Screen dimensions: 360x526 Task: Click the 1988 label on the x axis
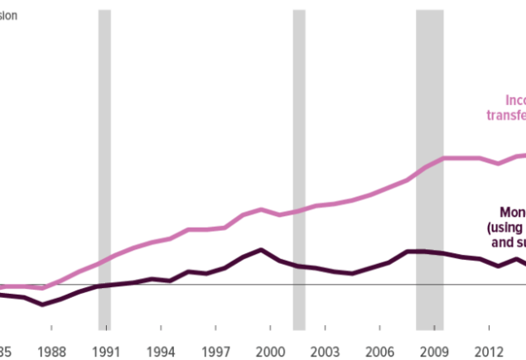[52, 350]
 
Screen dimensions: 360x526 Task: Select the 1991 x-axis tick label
[106, 350]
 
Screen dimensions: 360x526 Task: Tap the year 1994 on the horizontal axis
[161, 350]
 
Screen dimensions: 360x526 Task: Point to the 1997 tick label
[215, 350]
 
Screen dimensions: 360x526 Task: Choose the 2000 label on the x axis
[270, 350]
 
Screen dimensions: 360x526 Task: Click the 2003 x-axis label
[325, 350]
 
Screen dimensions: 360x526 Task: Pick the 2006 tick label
[379, 350]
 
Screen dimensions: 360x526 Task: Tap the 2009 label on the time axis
[434, 350]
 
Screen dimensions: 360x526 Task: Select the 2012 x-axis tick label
[489, 350]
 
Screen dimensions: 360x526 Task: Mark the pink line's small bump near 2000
[261, 209]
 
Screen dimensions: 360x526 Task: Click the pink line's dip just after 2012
[498, 164]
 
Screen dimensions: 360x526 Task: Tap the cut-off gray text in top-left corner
[8, 15]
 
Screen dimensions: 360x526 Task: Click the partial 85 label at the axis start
[5, 350]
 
